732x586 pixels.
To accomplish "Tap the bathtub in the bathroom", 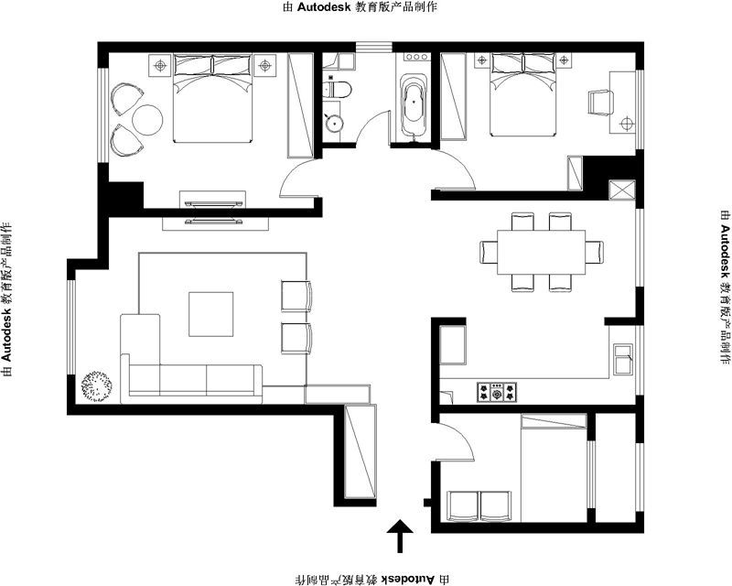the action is (x=414, y=106).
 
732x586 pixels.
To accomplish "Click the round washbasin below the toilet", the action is (x=334, y=123).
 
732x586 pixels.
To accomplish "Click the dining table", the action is (x=542, y=253).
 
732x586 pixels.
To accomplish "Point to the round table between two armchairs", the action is (x=147, y=120).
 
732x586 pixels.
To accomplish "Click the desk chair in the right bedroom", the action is (x=601, y=102).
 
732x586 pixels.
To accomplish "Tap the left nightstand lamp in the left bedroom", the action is (x=161, y=65).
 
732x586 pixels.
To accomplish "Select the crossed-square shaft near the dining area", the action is (x=622, y=190).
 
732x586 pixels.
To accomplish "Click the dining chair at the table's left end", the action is (x=489, y=253).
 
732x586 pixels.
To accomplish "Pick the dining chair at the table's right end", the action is (x=594, y=253).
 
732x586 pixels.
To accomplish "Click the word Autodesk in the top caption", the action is (x=324, y=7).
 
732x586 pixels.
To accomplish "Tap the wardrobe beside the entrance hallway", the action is (x=360, y=451).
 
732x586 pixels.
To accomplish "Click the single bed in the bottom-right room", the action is (x=554, y=467).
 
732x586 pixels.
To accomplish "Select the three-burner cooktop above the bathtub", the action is (x=416, y=57).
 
